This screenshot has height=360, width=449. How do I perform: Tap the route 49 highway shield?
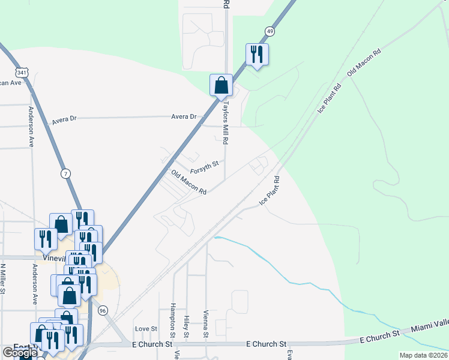tap(270, 31)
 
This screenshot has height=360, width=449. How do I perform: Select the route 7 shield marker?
tap(65, 173)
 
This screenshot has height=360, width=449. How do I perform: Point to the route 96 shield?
tap(103, 310)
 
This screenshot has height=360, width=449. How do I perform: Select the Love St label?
tap(146, 329)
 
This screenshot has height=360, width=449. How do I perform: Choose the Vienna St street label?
tap(205, 325)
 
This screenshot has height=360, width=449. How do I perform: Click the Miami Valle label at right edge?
tap(430, 329)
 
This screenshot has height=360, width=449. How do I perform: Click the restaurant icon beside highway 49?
tap(257, 55)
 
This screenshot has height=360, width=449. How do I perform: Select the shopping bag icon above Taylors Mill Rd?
tap(221, 85)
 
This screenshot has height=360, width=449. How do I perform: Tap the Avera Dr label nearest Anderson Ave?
tap(64, 119)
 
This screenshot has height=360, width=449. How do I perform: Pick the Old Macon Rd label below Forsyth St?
tap(188, 182)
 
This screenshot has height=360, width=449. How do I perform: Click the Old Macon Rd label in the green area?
tap(364, 62)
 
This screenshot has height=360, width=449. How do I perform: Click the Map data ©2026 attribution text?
tap(423, 355)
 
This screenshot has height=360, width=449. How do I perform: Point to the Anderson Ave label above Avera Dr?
tap(30, 127)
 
